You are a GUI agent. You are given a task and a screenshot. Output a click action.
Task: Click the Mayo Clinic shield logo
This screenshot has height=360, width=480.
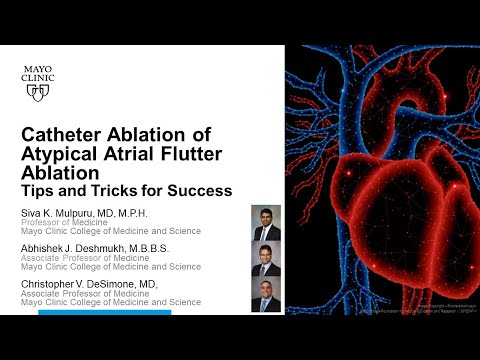point(38,92)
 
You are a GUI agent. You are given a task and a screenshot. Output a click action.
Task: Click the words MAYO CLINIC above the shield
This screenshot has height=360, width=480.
point(38,71)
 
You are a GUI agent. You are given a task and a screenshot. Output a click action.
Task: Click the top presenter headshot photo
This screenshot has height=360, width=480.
point(266,222)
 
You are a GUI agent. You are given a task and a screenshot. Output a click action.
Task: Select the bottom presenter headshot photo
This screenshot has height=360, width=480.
point(266,295)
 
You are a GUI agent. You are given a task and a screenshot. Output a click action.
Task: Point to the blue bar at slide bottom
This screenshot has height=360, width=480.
point(104,313)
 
